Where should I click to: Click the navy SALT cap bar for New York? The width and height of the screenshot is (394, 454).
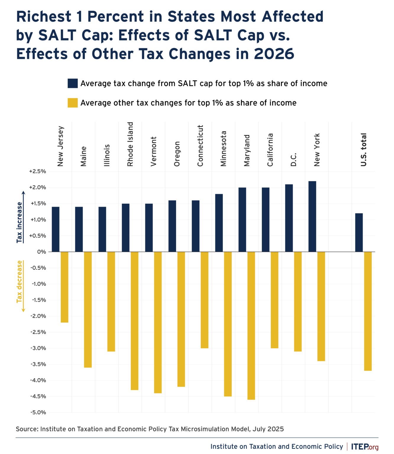click(x=312, y=216)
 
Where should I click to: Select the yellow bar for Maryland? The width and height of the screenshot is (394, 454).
click(x=251, y=325)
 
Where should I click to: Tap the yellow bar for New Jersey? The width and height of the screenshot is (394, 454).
click(x=64, y=287)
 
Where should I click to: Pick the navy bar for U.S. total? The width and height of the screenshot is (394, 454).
click(x=359, y=233)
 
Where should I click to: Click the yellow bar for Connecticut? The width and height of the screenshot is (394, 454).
click(x=204, y=300)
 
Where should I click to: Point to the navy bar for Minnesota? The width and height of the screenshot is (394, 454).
click(x=219, y=223)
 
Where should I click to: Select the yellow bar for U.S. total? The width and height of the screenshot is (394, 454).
click(x=368, y=311)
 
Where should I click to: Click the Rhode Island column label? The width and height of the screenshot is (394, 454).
click(x=130, y=144)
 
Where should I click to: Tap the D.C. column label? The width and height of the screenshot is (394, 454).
click(x=293, y=160)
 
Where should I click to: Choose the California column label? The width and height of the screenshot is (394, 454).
click(x=270, y=150)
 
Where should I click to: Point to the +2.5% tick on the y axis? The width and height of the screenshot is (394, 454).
click(x=38, y=171)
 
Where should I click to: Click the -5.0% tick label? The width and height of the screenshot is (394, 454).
click(x=38, y=412)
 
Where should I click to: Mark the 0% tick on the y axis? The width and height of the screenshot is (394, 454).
click(x=42, y=252)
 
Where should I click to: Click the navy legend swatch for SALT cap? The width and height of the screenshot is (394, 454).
click(x=72, y=83)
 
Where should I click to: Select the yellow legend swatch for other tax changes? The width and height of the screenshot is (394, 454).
click(x=72, y=103)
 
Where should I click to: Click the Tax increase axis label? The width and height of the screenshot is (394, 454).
click(x=20, y=222)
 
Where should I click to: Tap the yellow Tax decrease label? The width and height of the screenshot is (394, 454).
click(x=20, y=281)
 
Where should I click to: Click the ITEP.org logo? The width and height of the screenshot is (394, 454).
click(x=365, y=447)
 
